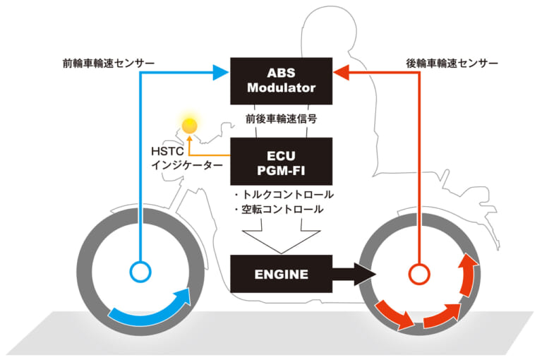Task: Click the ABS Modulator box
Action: point(282,80)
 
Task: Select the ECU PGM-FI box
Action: point(282,162)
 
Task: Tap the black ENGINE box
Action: point(282,274)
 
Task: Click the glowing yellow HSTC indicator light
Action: point(188,126)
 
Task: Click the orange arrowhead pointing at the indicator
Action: point(188,139)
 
